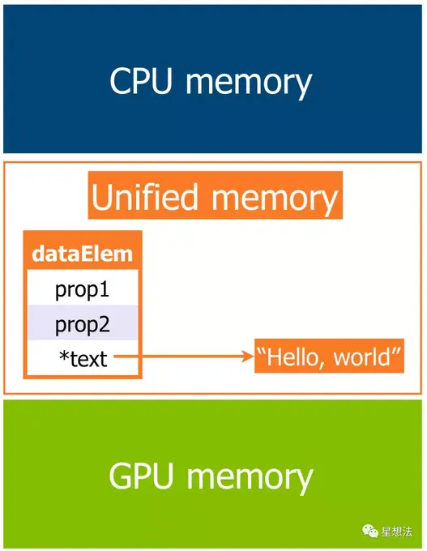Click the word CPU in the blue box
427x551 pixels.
pyautogui.click(x=141, y=80)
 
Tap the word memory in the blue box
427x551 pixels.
pyautogui.click(x=249, y=84)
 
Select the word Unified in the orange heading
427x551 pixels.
pyautogui.click(x=144, y=196)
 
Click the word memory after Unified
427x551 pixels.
pyautogui.click(x=274, y=200)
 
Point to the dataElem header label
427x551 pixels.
pyautogui.click(x=82, y=254)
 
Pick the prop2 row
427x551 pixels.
pyautogui.click(x=83, y=322)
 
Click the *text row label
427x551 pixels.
pyautogui.click(x=83, y=358)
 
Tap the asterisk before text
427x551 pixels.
pyautogui.click(x=64, y=356)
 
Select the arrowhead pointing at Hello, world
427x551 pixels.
pyautogui.click(x=248, y=357)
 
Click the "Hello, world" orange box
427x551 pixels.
pyautogui.click(x=329, y=356)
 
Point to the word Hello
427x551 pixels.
pyautogui.click(x=290, y=357)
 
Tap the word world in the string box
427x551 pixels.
pyautogui.click(x=361, y=357)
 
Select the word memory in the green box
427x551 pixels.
pyautogui.click(x=250, y=480)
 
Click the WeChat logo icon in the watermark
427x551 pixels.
pyautogui.click(x=370, y=531)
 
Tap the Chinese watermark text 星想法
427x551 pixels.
pyautogui.click(x=396, y=532)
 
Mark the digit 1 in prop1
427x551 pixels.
pyautogui.click(x=104, y=289)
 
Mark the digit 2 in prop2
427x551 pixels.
pyautogui.click(x=104, y=324)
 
